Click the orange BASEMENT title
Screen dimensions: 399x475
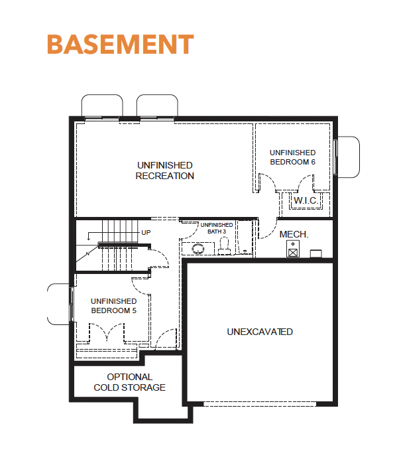tap(120, 44)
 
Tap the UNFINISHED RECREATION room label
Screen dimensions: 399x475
tap(164, 170)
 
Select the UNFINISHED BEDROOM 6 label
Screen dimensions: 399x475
tap(292, 157)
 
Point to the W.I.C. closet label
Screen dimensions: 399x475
tap(305, 200)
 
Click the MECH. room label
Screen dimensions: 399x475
tap(294, 234)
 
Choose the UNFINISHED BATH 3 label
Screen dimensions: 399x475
tap(217, 228)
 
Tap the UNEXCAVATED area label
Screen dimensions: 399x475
tap(260, 332)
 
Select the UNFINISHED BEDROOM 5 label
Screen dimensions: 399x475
tap(114, 306)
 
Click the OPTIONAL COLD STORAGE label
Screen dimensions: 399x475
tap(129, 382)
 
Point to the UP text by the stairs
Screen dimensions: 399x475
tap(146, 233)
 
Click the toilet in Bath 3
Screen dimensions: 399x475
tap(224, 245)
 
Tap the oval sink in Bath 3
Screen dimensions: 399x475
tap(198, 249)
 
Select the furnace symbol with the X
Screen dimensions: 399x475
tap(293, 249)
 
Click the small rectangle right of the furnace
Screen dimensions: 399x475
tap(315, 253)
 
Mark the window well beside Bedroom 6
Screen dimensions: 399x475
tap(348, 157)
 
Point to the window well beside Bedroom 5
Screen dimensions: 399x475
tap(58, 304)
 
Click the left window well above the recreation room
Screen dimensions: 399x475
tap(102, 105)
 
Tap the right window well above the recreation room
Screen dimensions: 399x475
tap(157, 105)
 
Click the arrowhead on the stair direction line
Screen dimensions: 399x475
tap(88, 238)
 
